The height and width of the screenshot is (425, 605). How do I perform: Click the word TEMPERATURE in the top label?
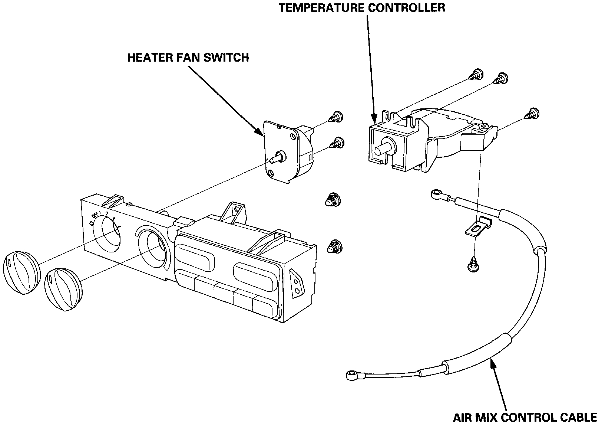point(321,7)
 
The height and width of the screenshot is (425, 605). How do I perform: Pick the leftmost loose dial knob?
point(22,272)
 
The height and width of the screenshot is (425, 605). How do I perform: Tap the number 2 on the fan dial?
point(107,213)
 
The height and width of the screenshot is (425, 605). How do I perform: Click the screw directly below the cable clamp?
point(472,265)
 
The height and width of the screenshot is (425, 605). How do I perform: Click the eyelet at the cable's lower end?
point(351,376)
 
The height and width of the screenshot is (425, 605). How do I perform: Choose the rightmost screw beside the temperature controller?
point(533,113)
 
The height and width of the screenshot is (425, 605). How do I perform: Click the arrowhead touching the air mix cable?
point(493,362)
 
